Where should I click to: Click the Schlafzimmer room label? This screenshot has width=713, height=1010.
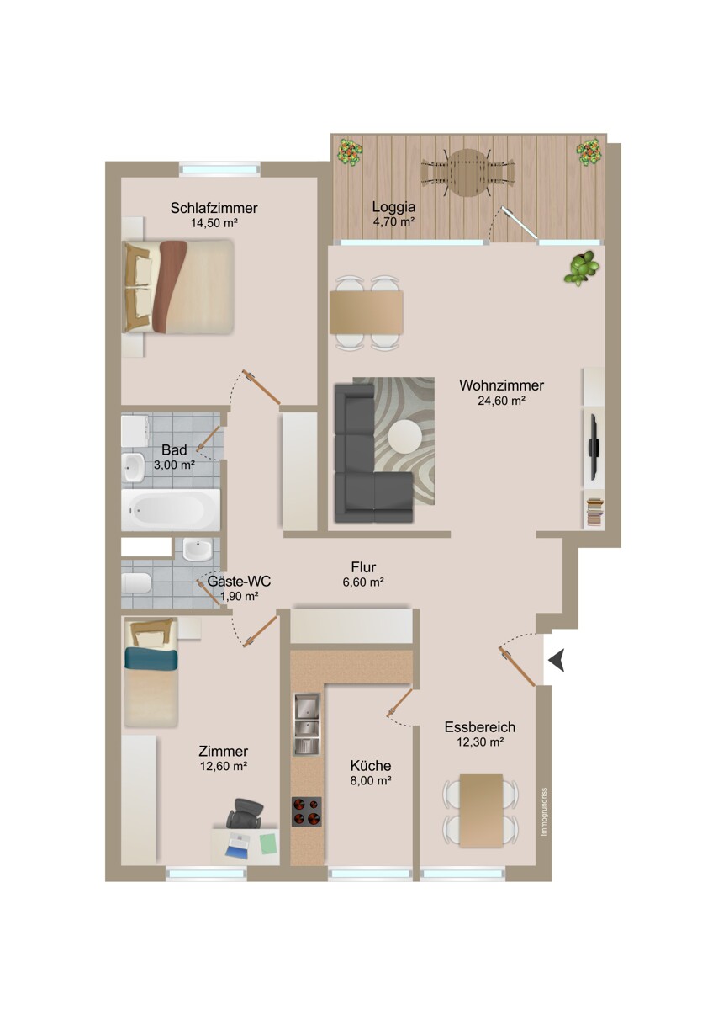pos(214,208)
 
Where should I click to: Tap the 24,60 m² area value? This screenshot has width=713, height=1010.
pos(501,401)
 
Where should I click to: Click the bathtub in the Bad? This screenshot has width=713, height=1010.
pos(172,508)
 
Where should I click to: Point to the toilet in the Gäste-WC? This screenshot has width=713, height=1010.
pos(136,583)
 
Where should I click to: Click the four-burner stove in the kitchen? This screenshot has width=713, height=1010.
pos(307,812)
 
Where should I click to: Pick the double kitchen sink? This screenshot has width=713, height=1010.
pos(307,724)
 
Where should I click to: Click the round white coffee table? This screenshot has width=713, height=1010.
pos(405,436)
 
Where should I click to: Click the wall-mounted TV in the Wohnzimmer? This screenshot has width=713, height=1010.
pos(593,446)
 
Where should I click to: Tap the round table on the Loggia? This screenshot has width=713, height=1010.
pos(467,173)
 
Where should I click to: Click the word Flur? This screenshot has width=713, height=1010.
pos(363,566)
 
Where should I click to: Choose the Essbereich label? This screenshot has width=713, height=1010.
pos(480,727)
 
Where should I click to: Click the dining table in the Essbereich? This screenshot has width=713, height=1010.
pos(480,809)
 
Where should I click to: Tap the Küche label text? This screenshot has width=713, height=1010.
pos(371,766)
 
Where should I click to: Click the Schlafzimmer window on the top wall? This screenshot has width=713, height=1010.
pos(219,168)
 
